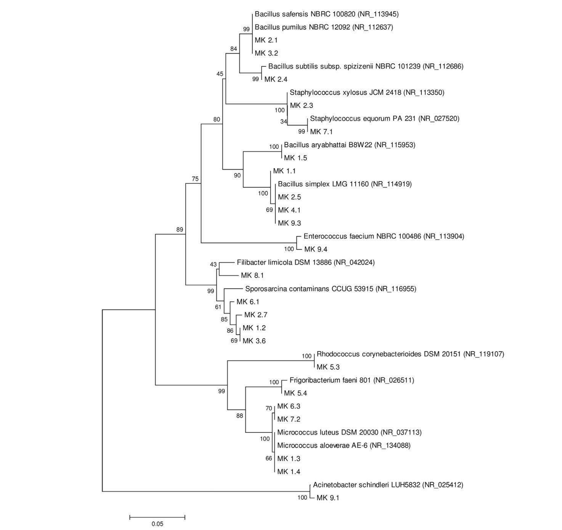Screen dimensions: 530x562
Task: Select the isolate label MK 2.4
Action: [276, 79]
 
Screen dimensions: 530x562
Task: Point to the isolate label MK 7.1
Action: [321, 132]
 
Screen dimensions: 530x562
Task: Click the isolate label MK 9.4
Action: [316, 249]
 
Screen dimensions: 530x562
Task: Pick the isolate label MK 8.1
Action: [252, 275]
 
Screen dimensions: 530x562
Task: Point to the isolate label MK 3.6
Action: [254, 341]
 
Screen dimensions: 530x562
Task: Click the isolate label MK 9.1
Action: [328, 498]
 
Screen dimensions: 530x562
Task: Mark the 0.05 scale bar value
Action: [157, 524]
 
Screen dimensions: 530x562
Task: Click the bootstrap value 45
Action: [220, 74]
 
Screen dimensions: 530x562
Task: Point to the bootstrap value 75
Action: [195, 179]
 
